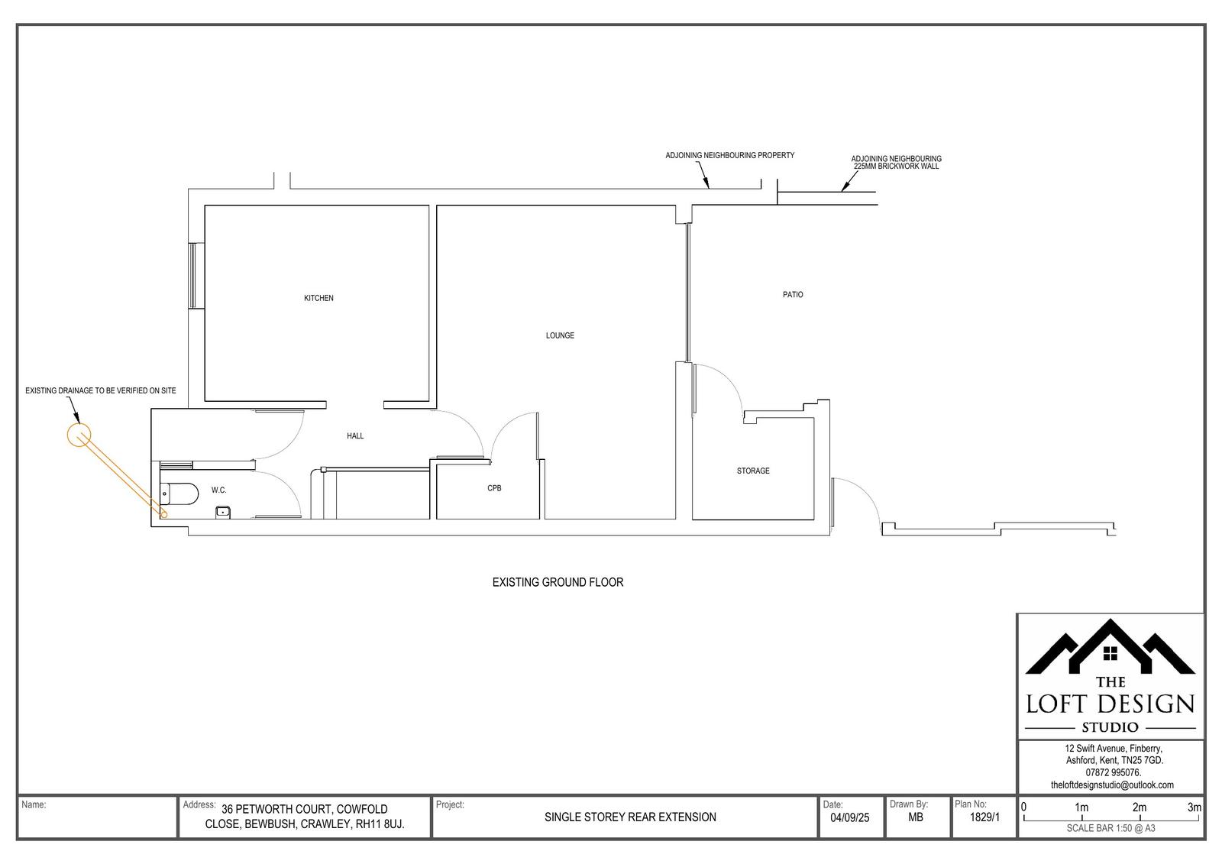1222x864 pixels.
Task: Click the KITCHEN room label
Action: point(318,298)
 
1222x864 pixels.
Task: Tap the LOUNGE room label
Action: point(560,335)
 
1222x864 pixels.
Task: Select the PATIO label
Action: point(793,295)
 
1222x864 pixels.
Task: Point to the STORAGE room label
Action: point(753,471)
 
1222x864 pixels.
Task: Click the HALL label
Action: point(355,436)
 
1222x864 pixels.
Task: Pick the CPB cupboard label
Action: point(494,488)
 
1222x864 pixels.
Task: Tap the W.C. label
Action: point(218,490)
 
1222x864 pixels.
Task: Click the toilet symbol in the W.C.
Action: point(179,494)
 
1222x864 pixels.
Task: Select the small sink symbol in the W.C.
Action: point(222,513)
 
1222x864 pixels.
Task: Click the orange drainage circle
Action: point(79,435)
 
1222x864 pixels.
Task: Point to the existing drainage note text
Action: point(100,391)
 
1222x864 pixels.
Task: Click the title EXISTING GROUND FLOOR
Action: point(558,583)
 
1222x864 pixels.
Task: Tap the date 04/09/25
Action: point(849,817)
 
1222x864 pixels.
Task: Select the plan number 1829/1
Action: point(984,817)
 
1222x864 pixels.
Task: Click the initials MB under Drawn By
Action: point(916,817)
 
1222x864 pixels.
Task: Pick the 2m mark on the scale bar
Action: point(1139,807)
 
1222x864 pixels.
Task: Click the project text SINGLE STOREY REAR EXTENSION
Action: point(630,817)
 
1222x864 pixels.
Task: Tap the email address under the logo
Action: point(1112,785)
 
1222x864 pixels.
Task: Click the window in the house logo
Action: point(1110,653)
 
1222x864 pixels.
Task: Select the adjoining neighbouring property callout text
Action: point(729,156)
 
